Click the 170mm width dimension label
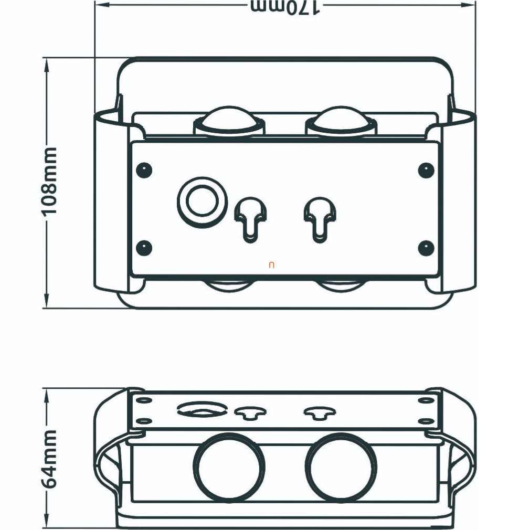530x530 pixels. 285,7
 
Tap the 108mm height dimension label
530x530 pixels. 50,182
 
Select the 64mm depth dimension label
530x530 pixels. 50,459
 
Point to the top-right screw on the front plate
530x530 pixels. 426,169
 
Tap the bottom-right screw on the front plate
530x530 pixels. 426,248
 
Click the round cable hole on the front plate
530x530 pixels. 202,201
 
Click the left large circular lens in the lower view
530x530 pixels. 229,467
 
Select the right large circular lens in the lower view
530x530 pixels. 342,467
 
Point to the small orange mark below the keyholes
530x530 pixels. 271,265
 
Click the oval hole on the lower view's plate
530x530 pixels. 202,409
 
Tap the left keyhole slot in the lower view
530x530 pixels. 250,413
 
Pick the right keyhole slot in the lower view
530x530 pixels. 320,413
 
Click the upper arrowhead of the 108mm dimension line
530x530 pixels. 47,62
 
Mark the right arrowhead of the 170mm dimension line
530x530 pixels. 471,5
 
